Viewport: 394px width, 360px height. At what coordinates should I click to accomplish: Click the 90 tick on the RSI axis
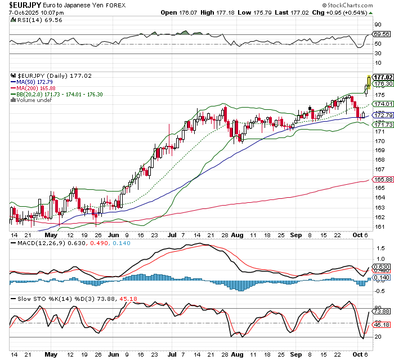pyautogui.click(x=378, y=24)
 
